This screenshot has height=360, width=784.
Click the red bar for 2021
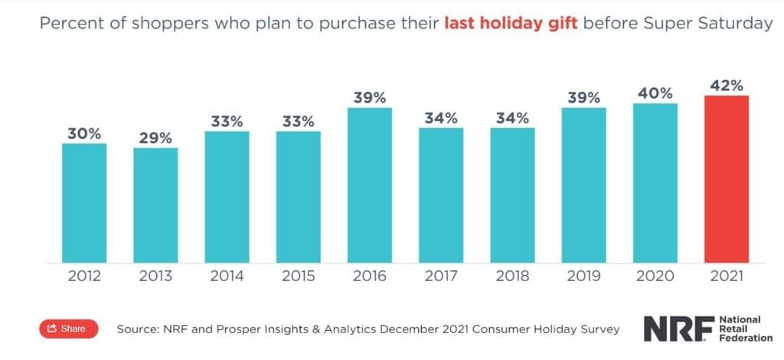pos(727,178)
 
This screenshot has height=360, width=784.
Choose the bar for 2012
pos(84,202)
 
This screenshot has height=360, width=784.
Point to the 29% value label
pos(155,137)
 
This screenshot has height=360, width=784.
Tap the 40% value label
pos(655,93)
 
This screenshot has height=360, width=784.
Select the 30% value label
pos(84,133)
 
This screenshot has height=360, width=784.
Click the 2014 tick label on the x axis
pos(227,277)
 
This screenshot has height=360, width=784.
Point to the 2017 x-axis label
pos(441,277)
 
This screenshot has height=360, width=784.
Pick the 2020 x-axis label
pos(655,277)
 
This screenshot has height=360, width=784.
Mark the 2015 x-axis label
pos(299,277)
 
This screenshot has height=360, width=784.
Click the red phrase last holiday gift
pos(511,24)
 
